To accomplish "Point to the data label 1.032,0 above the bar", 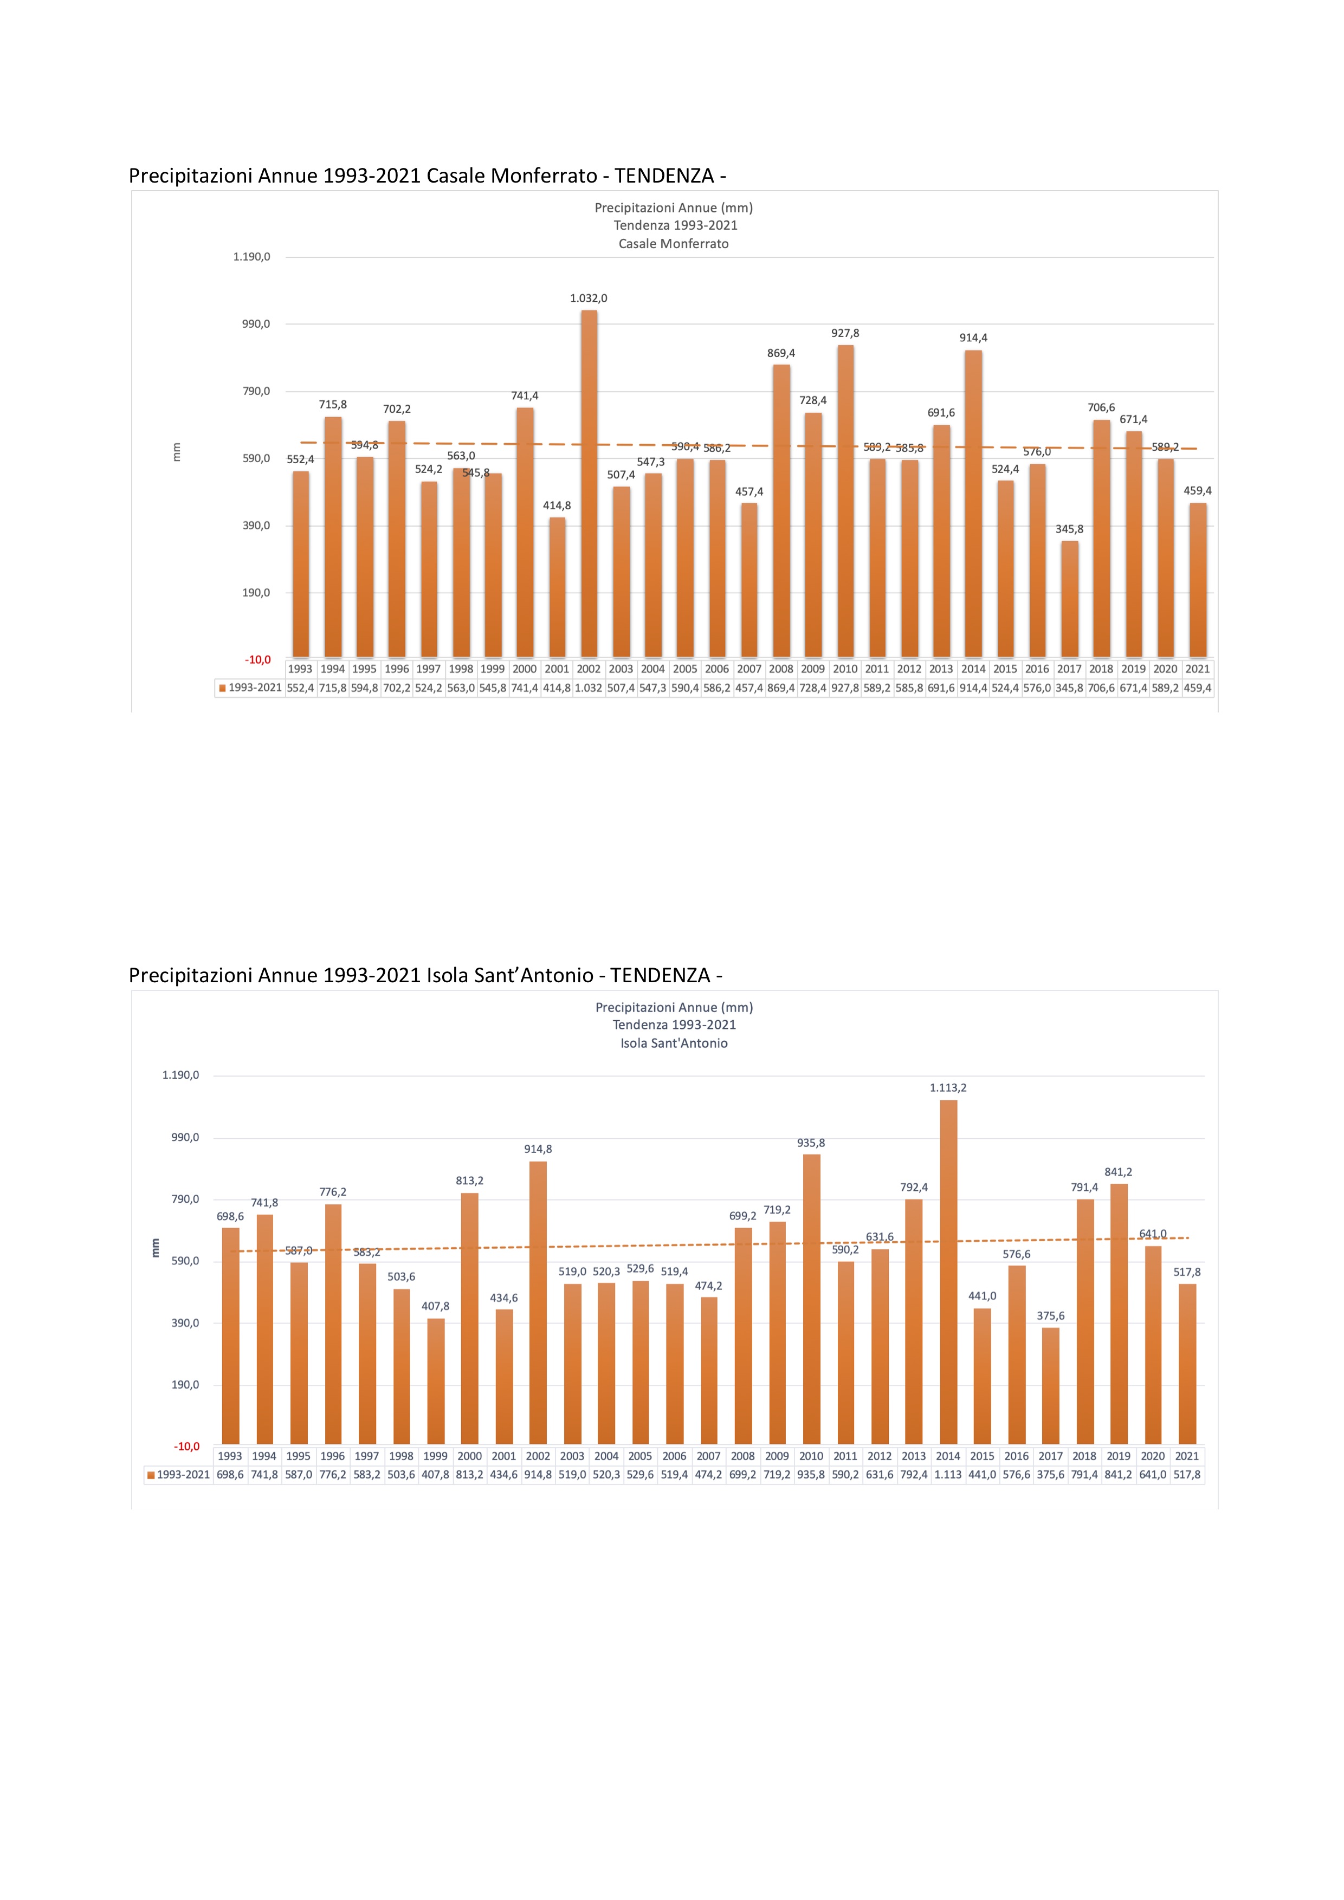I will pos(589,299).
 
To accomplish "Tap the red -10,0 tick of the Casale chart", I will pos(257,659).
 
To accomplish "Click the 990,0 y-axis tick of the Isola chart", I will pos(185,1138).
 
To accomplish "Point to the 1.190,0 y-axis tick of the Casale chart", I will pos(251,257).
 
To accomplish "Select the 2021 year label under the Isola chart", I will pos(1187,1456).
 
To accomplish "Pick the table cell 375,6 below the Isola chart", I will pos(1050,1475).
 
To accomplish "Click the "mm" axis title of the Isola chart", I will pos(155,1248).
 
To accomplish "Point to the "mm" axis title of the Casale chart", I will pos(176,452).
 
